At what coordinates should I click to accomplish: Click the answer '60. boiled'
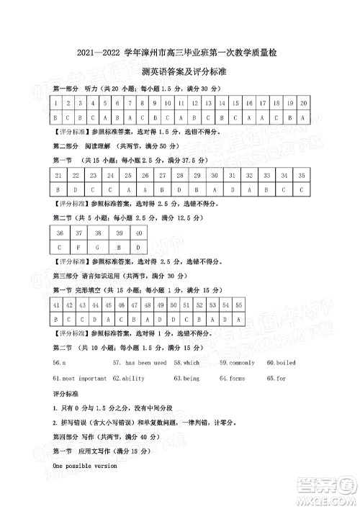282,362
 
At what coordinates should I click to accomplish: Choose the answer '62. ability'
129,378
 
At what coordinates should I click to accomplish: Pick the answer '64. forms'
233,378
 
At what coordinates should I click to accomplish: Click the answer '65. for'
276,378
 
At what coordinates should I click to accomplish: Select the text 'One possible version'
85,467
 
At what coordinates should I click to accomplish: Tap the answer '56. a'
60,362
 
